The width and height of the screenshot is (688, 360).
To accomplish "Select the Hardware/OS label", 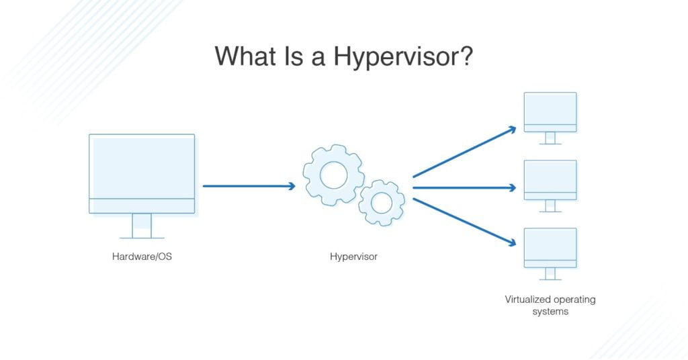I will coord(142,256).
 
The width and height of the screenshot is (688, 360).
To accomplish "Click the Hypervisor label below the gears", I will coord(353,256).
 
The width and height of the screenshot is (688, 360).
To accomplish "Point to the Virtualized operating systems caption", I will coord(550,306).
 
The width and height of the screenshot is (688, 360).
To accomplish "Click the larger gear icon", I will coord(333,175).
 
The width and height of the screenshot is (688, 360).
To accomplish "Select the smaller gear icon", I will coord(381,202).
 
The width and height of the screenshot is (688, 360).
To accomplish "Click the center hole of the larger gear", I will coord(333,175).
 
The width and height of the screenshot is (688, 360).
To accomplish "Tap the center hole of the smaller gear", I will coord(381,202).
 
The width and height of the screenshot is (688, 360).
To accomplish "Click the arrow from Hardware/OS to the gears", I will coord(249,186).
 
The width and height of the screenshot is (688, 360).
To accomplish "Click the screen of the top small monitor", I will coord(550,108).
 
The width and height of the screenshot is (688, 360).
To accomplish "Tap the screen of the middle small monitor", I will coord(550,176).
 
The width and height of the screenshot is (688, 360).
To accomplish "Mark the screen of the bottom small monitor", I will coord(550,244).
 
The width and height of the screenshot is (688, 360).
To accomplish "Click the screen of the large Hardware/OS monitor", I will coord(142,166).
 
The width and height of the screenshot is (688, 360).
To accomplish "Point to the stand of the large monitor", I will coord(142,226).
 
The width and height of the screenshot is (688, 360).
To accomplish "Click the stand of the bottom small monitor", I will coord(550,273).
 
